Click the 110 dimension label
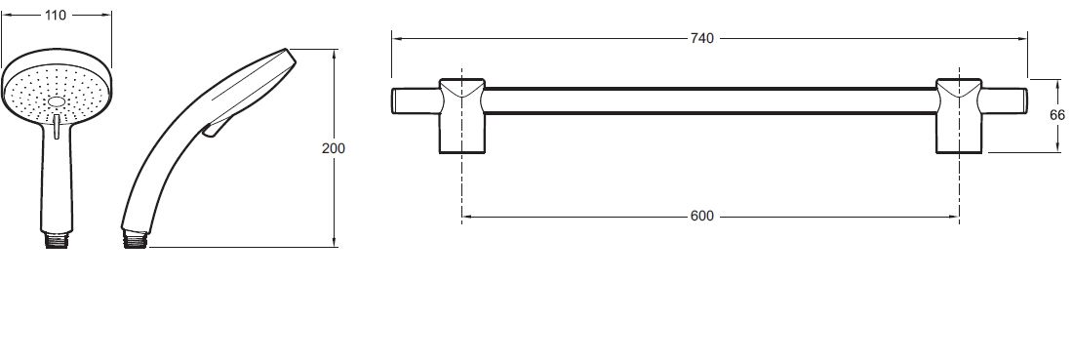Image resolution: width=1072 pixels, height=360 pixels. point(56,15)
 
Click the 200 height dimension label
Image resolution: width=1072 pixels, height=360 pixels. point(334,148)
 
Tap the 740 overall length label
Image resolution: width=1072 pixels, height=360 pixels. point(701,39)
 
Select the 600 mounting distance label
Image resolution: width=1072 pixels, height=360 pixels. point(701,217)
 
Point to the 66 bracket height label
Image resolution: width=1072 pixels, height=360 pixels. point(1057,115)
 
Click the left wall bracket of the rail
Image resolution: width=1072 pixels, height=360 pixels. point(461,116)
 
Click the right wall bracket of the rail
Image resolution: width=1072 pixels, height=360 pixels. point(960,116)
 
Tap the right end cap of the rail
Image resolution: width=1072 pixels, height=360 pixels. point(1005,100)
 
